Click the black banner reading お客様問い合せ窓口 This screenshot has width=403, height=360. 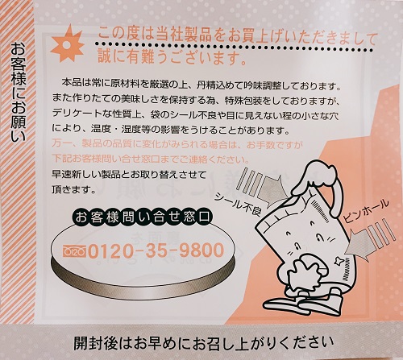point(141,217)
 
